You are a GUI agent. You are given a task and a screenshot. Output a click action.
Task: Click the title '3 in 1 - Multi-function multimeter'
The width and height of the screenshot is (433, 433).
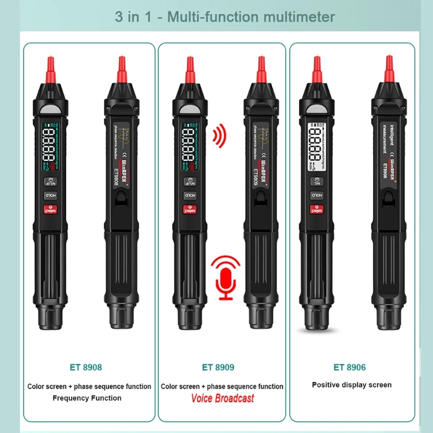tap(225, 16)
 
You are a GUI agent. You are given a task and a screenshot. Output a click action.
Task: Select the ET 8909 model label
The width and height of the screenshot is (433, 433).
tap(218, 367)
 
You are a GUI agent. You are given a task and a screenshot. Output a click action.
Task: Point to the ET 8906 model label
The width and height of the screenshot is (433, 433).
tap(349, 367)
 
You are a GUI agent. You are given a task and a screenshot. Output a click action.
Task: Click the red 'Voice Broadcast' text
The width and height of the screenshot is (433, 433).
tap(222, 398)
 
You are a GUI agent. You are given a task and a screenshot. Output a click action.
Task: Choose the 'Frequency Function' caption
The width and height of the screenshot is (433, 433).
tap(87, 398)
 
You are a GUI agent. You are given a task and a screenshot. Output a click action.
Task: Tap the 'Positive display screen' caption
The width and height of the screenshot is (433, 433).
tap(352, 385)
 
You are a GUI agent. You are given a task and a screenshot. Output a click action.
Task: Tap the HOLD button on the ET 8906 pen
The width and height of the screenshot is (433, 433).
tap(316, 195)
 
